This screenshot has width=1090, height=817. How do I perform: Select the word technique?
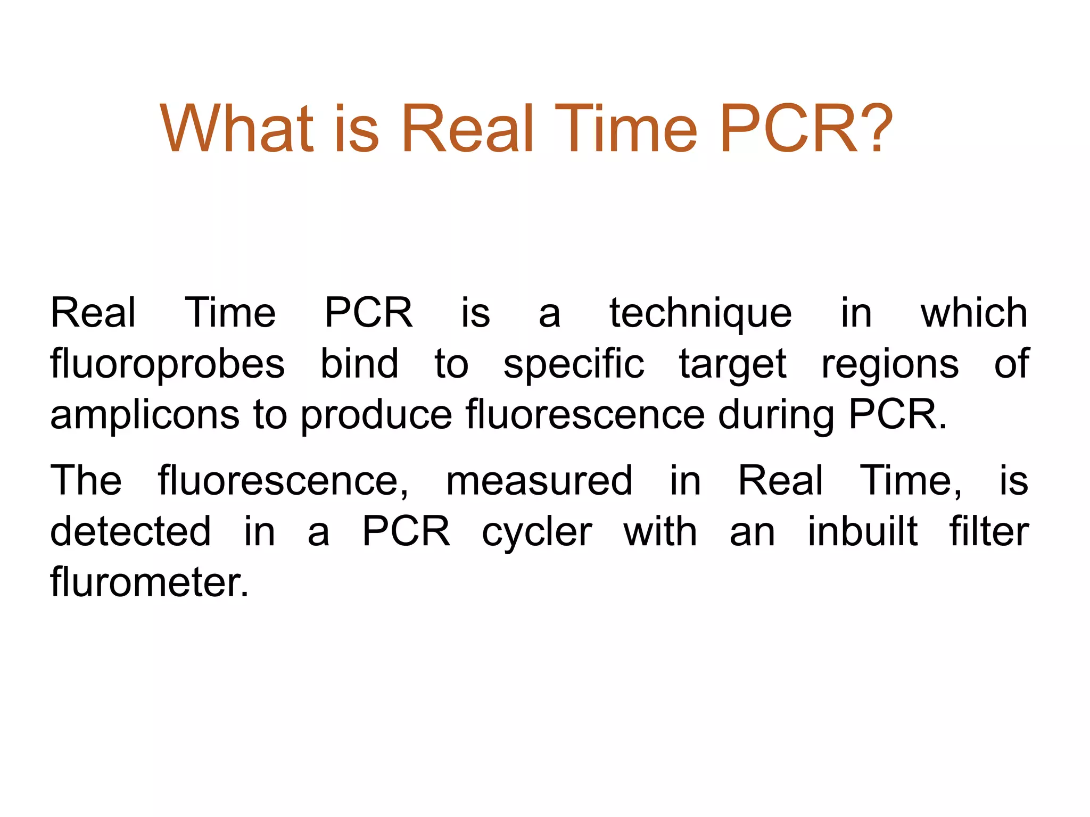point(700,314)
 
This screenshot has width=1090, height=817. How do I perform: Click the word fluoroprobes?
point(168,365)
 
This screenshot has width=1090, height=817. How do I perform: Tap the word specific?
point(574,365)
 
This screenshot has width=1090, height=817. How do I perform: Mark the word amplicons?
point(144,416)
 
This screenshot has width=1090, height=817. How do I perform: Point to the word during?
point(776,416)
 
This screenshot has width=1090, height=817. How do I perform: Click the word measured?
point(539,481)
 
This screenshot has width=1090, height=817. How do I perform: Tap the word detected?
point(130,531)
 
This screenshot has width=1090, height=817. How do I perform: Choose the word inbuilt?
point(863,531)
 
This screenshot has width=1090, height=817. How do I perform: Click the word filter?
point(989,531)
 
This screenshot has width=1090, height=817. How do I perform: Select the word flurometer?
point(150,582)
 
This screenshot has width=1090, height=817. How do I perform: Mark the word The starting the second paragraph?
point(86,480)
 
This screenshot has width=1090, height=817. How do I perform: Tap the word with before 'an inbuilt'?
point(660,531)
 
